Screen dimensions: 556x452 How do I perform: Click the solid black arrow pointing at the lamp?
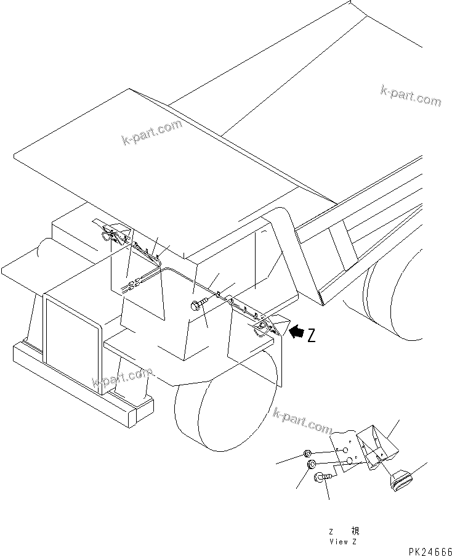pos(297,333)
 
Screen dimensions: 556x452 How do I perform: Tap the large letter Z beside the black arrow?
pos(312,335)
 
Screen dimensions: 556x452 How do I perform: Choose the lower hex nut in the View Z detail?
pos(312,464)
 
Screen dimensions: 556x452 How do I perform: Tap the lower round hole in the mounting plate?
pos(349,460)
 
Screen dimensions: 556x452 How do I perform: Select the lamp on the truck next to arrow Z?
pos(264,325)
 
